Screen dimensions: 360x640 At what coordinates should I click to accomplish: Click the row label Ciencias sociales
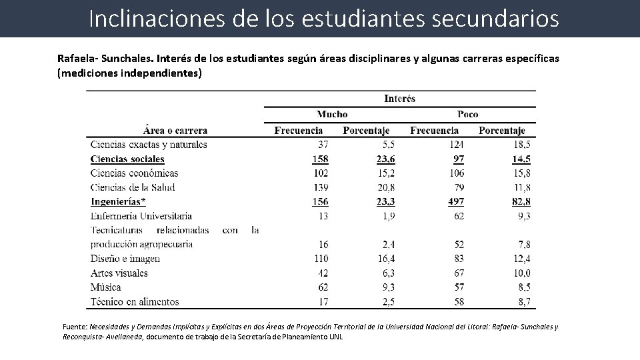pos(127,159)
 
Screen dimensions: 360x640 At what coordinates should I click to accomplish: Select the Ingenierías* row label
pos(118,201)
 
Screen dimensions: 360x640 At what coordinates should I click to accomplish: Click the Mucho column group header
pos(331,114)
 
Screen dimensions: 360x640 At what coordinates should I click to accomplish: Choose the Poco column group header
pos(467,114)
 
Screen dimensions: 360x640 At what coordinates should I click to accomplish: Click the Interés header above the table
pos(399,99)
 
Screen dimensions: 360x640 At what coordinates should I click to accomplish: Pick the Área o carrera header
pos(175,131)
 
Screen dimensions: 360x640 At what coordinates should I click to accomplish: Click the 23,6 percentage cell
pos(385,159)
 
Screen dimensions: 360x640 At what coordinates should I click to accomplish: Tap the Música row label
pos(105,287)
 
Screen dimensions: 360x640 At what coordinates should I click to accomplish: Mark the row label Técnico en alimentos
pos(134,301)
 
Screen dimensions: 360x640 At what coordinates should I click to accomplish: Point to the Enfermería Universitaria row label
pos(141,216)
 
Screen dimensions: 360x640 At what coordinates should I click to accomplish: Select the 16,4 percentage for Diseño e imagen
pos(385,259)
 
